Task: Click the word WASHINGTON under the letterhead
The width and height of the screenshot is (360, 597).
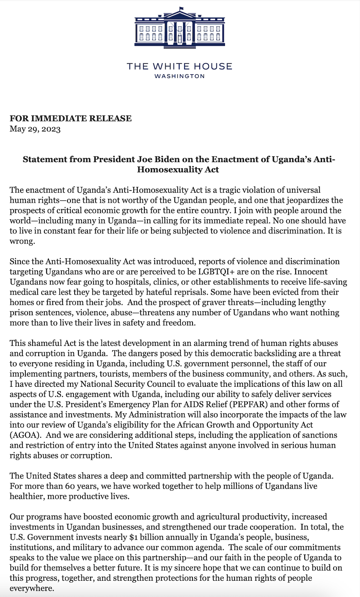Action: click(x=180, y=76)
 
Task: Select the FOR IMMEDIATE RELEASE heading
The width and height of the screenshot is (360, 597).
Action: click(x=71, y=118)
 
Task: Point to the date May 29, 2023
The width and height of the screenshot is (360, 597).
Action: click(x=35, y=129)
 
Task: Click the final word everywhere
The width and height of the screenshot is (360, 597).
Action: click(x=32, y=588)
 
